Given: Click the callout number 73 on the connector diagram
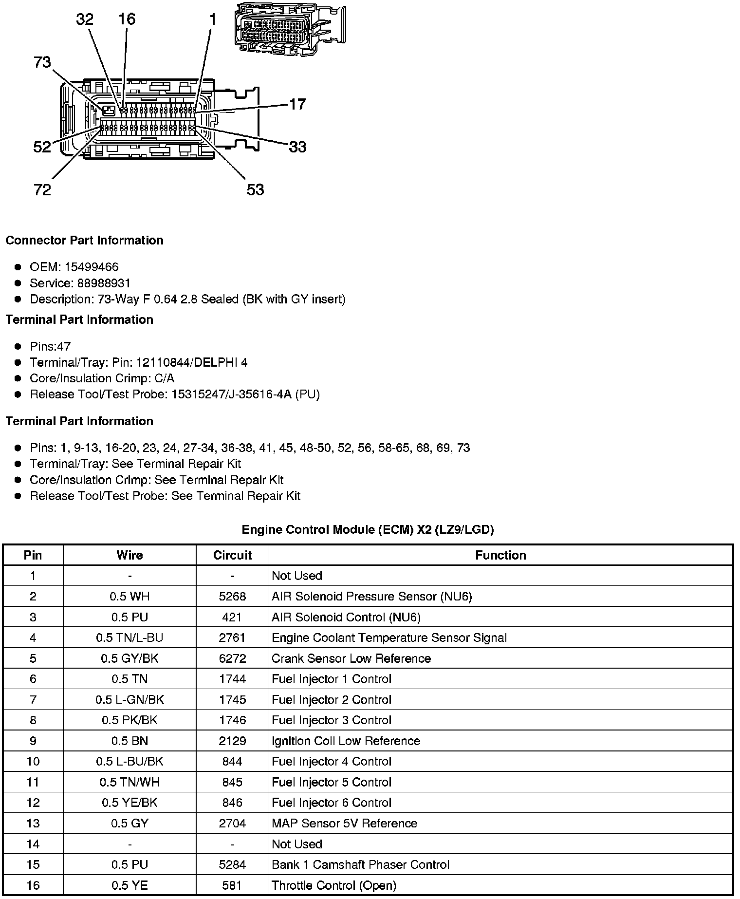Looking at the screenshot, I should pos(42,62).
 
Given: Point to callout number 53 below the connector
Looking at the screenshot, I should pos(255,189).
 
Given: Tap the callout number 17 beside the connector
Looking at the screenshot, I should pos(297,104).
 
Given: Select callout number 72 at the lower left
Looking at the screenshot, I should pos(42,189).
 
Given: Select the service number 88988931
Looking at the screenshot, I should pos(104,283).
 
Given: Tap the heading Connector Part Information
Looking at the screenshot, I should pos(85,241).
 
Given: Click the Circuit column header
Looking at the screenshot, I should pos(232,555).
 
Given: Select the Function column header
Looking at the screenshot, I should pos(500,555).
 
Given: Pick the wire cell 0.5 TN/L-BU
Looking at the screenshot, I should pos(129,638).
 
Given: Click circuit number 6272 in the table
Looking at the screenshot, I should pos(232,658).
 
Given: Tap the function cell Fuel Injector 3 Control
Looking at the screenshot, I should pos(332,720).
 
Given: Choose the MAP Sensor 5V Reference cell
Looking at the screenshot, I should pos(344,824).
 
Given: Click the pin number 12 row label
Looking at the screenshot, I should pos(33,803).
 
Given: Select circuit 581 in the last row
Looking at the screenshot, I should pos(232,885).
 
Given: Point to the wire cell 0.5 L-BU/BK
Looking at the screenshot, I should pos(129,762).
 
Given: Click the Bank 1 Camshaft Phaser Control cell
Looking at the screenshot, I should pos(360,864).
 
